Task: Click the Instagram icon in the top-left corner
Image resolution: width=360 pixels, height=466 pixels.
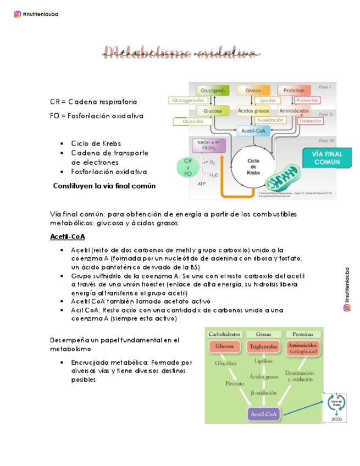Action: pos(18,14)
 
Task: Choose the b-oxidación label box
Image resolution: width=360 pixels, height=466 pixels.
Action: pos(270,120)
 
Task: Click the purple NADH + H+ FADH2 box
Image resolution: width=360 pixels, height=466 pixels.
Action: pos(207,146)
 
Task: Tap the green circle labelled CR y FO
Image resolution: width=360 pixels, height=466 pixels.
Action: pos(187,167)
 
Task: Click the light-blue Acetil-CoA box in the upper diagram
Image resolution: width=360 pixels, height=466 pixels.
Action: pos(252,131)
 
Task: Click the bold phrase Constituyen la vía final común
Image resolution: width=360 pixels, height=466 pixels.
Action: pos(104,186)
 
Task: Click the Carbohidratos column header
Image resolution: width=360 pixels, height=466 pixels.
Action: pos(225,334)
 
